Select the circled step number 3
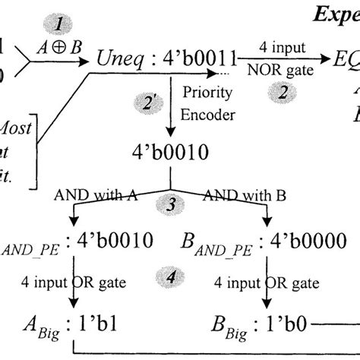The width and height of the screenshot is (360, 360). tap(169, 205)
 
